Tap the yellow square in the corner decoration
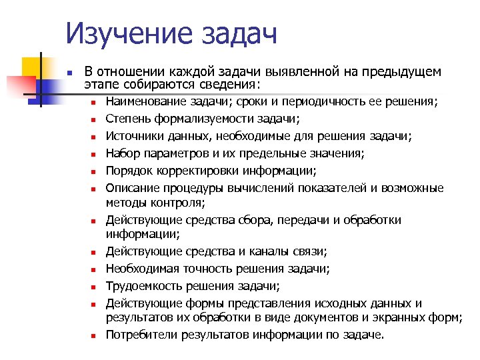[x=33, y=67]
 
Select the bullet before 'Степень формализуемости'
[x=95, y=120]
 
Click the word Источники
[x=131, y=137]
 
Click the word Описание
[x=129, y=188]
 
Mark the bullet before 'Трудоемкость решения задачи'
[x=95, y=287]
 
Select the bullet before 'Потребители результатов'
[x=95, y=335]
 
